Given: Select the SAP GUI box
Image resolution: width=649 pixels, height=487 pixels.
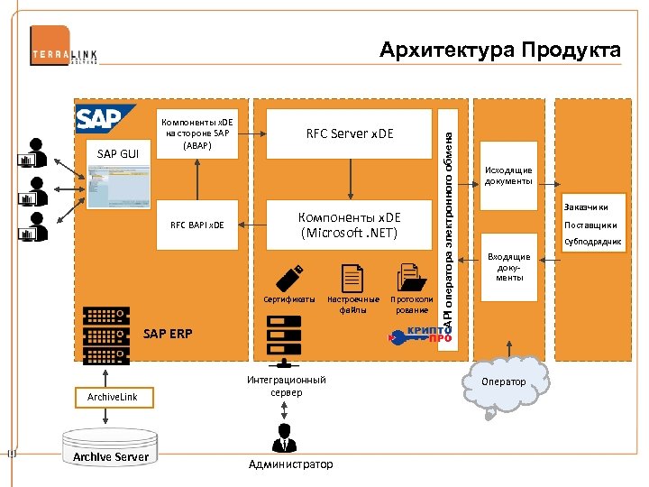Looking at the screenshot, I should coord(117,153).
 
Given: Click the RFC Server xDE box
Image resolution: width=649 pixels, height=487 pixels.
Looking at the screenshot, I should coord(350,134).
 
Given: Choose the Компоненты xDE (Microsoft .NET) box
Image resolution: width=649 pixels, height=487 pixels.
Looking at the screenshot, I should coord(350,225).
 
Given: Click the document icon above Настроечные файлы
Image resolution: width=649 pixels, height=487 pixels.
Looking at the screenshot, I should coord(352,278).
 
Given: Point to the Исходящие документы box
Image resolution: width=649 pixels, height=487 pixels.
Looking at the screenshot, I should coord(508,175).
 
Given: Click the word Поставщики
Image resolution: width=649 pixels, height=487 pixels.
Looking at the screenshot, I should coord(590,225).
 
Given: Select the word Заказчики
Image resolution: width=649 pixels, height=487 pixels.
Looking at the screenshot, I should coord(591,207).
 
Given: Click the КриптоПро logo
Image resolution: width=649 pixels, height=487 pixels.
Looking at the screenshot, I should coord(421,335).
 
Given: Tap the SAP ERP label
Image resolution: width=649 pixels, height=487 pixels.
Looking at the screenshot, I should coord(168,334).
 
